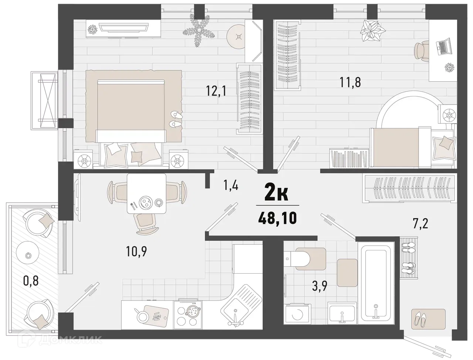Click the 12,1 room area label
(216, 90)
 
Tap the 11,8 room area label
(350, 82)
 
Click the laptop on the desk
(442, 47)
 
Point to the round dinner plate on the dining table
(144, 202)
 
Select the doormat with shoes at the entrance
(428, 317)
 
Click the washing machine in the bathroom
(298, 314)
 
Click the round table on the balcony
(28, 255)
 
